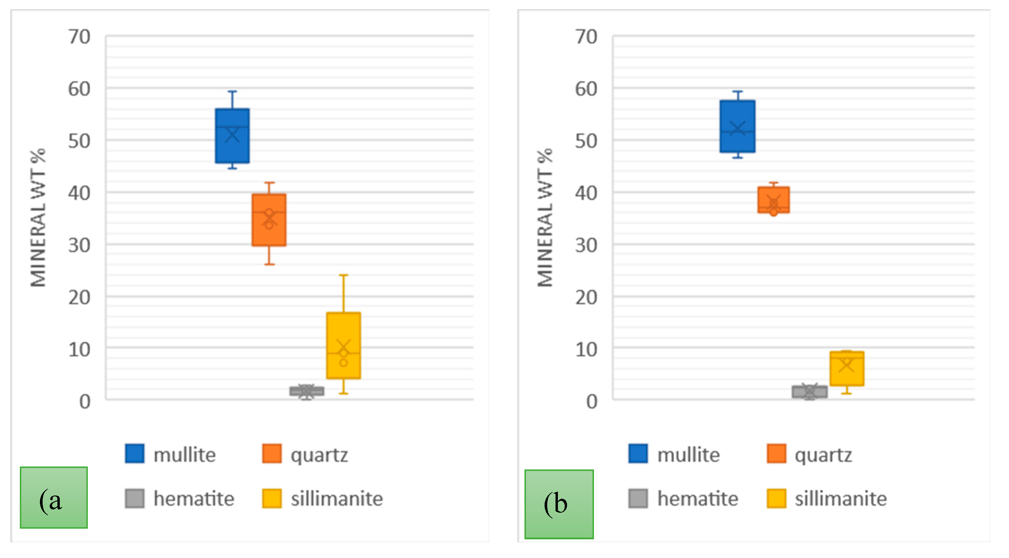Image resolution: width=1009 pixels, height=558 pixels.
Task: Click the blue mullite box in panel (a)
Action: [x=232, y=136]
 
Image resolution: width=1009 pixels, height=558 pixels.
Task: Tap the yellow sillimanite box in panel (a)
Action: [x=343, y=345]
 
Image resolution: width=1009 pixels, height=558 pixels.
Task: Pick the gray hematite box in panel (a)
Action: [x=307, y=391]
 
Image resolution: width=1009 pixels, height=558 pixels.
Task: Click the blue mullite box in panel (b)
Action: [x=737, y=126]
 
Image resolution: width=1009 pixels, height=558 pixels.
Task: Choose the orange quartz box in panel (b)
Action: [x=774, y=200]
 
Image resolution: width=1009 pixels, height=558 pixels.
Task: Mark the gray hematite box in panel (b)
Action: [x=810, y=392]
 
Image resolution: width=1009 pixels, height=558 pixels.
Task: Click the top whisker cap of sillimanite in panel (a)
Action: [x=343, y=275]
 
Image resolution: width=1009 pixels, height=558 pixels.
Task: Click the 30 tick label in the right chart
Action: [x=586, y=246]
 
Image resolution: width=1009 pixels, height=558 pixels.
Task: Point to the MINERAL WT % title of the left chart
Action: [x=38, y=218]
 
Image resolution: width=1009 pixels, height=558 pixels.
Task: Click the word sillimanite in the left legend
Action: [x=336, y=499]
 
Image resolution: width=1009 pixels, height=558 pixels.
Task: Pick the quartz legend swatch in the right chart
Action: [x=776, y=454]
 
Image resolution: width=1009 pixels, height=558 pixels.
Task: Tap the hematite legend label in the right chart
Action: [x=698, y=499]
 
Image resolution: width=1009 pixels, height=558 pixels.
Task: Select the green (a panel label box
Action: [x=54, y=498]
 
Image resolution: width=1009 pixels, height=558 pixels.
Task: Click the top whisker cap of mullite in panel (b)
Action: [x=737, y=91]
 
